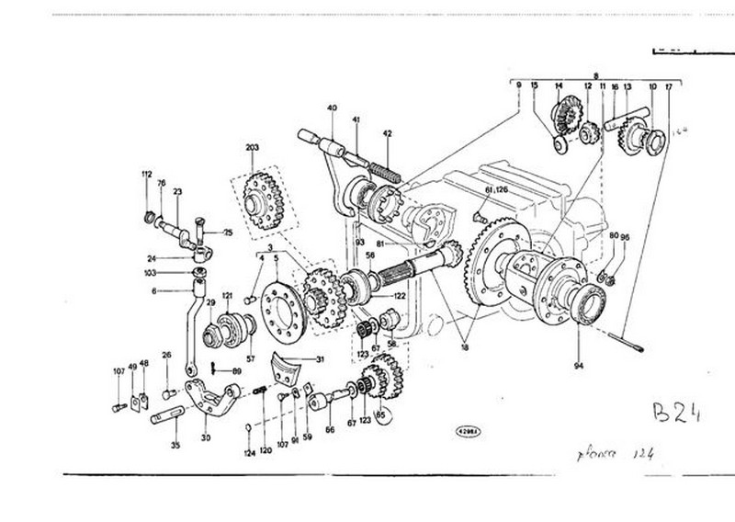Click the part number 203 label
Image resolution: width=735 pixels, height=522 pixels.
pyautogui.click(x=253, y=147)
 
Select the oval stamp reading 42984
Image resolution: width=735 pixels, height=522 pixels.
pyautogui.click(x=469, y=429)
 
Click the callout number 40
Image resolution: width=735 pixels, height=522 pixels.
pyautogui.click(x=331, y=108)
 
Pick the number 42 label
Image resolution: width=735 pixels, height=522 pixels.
pyautogui.click(x=387, y=133)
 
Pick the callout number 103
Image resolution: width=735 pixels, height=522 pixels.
pyautogui.click(x=150, y=273)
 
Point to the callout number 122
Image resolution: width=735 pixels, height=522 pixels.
pyautogui.click(x=399, y=296)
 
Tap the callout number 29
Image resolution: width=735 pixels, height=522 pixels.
pyautogui.click(x=209, y=302)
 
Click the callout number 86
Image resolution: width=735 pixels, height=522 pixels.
pyautogui.click(x=331, y=428)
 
